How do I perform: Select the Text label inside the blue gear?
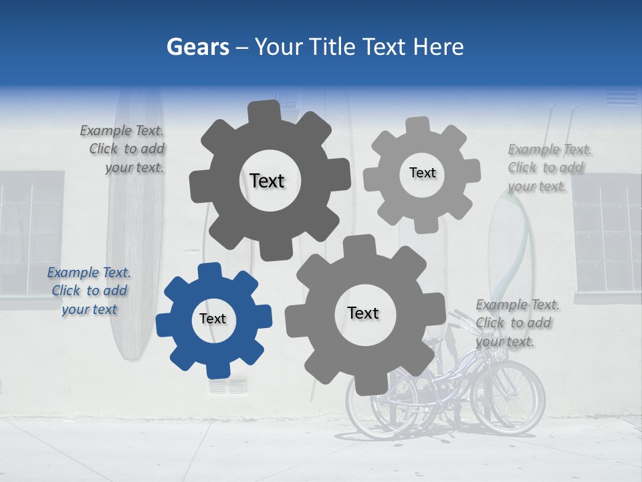click(x=213, y=319)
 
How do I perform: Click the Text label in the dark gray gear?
click(x=267, y=181)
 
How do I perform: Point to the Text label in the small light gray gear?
click(x=422, y=173)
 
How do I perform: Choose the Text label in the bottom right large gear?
click(x=363, y=313)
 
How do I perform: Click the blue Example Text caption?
click(x=88, y=291)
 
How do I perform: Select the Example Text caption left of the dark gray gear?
click(x=123, y=149)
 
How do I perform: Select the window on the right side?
click(x=607, y=234)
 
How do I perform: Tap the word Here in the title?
click(x=439, y=47)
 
